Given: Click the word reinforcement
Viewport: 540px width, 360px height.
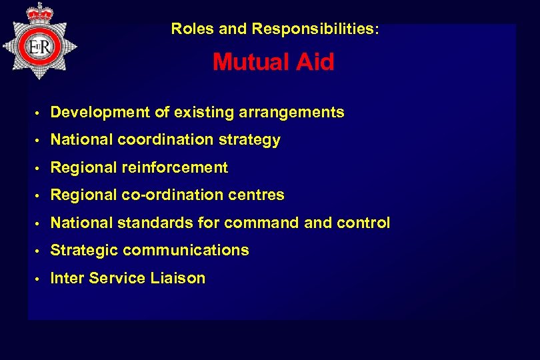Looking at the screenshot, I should tap(175, 168).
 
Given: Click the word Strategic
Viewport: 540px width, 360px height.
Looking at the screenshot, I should tap(85, 251).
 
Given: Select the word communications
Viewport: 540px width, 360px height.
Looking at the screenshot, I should tap(186, 251).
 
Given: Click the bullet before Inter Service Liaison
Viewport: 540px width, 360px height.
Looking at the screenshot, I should tap(39, 279).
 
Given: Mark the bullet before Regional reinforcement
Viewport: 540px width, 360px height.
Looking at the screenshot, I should tap(39, 169).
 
